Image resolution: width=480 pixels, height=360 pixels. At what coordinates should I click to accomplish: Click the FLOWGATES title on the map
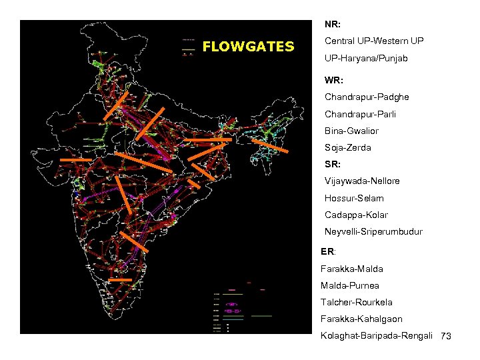click(247, 47)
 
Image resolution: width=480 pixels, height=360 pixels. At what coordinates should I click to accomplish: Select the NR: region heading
click(333, 25)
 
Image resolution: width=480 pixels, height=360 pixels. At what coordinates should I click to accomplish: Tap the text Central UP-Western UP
click(373, 41)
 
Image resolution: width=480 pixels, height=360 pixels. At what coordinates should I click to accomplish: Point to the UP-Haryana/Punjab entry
click(366, 59)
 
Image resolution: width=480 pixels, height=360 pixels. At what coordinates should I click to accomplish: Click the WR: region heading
click(334, 80)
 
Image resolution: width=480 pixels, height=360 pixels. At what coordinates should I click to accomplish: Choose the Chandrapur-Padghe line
click(367, 97)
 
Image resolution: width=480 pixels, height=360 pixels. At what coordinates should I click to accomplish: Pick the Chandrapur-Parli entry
click(360, 114)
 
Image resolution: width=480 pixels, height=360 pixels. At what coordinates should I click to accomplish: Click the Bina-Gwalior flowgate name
click(351, 131)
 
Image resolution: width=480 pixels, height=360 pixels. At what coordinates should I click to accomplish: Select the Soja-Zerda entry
click(347, 147)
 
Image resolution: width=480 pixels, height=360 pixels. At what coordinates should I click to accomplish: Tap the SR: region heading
click(333, 164)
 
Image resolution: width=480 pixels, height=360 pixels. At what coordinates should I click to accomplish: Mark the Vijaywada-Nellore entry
click(362, 181)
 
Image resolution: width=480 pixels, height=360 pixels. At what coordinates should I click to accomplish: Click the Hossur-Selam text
click(354, 198)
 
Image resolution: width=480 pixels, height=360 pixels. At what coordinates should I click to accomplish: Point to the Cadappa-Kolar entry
click(356, 215)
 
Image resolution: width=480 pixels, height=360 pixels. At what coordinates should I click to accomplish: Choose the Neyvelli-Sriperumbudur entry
click(373, 232)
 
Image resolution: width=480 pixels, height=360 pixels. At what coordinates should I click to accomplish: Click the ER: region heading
click(327, 252)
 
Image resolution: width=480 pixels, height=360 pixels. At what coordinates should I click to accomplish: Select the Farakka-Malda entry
click(351, 269)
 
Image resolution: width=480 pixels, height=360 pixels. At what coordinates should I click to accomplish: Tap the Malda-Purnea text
click(349, 285)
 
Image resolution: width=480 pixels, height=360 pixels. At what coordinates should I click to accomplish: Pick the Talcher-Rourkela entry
click(356, 302)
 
